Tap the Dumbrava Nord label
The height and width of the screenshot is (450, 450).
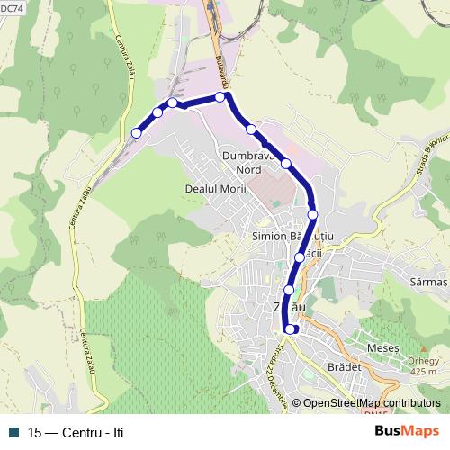point(247,162)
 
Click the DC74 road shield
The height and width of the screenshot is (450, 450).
point(13,8)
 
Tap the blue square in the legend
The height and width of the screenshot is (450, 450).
point(13,433)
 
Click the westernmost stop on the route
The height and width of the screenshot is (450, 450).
point(137,133)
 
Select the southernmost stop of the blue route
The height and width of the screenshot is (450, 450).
point(290,328)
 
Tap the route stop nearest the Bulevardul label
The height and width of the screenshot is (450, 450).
point(220,97)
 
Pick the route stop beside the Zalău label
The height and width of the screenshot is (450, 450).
point(289,290)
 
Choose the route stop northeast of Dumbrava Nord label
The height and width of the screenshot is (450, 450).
point(286,164)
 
